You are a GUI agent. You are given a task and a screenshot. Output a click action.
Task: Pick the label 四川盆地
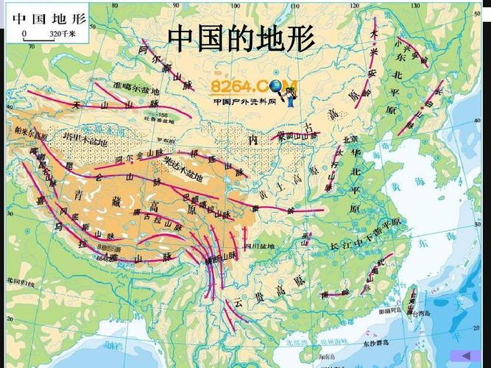pos(259,246)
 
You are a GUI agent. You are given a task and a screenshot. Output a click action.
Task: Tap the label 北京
pos(350,139)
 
